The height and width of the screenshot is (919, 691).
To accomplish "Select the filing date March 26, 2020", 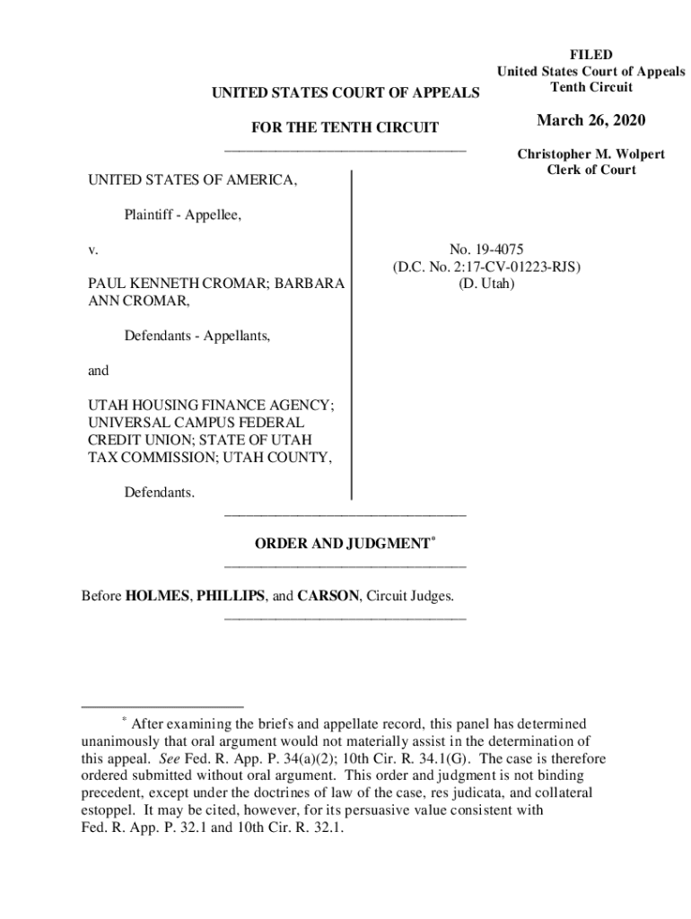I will [x=590, y=121].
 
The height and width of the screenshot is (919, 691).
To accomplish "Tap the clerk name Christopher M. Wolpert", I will [x=590, y=154].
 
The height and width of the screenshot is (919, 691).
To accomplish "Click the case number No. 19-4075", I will [x=485, y=251].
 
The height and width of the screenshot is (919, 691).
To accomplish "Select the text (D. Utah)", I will [x=485, y=284].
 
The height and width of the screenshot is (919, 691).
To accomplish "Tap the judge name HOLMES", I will [x=156, y=596].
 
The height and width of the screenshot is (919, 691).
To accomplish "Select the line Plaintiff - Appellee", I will [x=183, y=214].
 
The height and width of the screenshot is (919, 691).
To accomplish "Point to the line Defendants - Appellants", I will [x=197, y=336].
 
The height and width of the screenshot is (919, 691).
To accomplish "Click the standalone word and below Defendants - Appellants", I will [x=97, y=370].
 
